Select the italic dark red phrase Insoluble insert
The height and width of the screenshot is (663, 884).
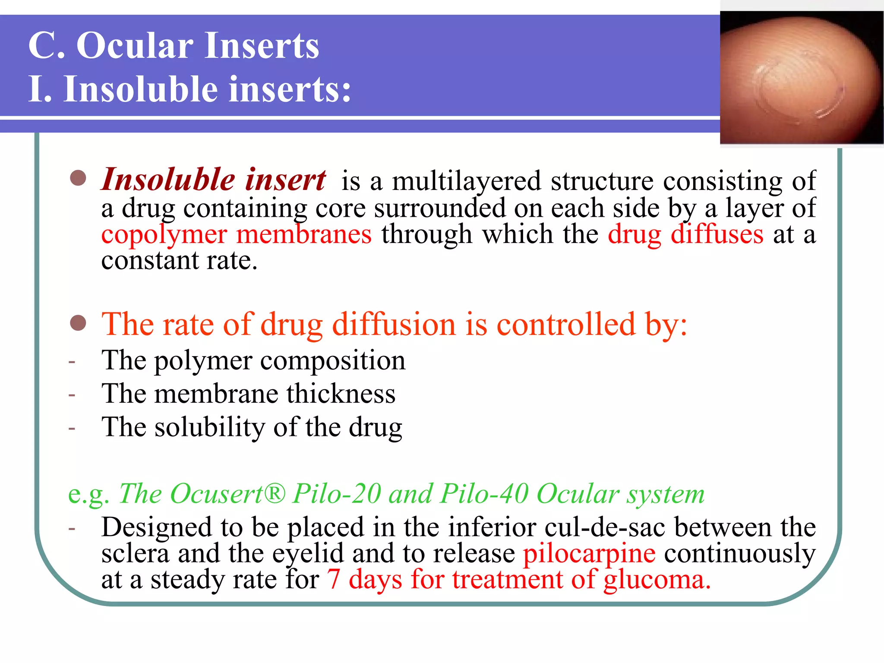tap(214, 180)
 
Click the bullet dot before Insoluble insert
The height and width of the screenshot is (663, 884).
tap(78, 178)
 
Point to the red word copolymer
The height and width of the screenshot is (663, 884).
tap(164, 235)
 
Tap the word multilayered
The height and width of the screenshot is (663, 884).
tap(466, 181)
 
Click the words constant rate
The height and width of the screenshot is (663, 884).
tap(179, 261)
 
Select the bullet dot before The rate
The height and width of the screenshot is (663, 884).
tap(78, 323)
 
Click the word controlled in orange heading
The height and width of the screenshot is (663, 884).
tap(566, 325)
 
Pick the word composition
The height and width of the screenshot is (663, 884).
tap(333, 361)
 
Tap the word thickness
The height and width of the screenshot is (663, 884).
tap(341, 394)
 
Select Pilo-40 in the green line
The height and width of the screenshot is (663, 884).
tap(484, 493)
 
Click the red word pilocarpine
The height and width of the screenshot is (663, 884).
tap(589, 554)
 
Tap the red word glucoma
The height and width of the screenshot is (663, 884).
tap(656, 580)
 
